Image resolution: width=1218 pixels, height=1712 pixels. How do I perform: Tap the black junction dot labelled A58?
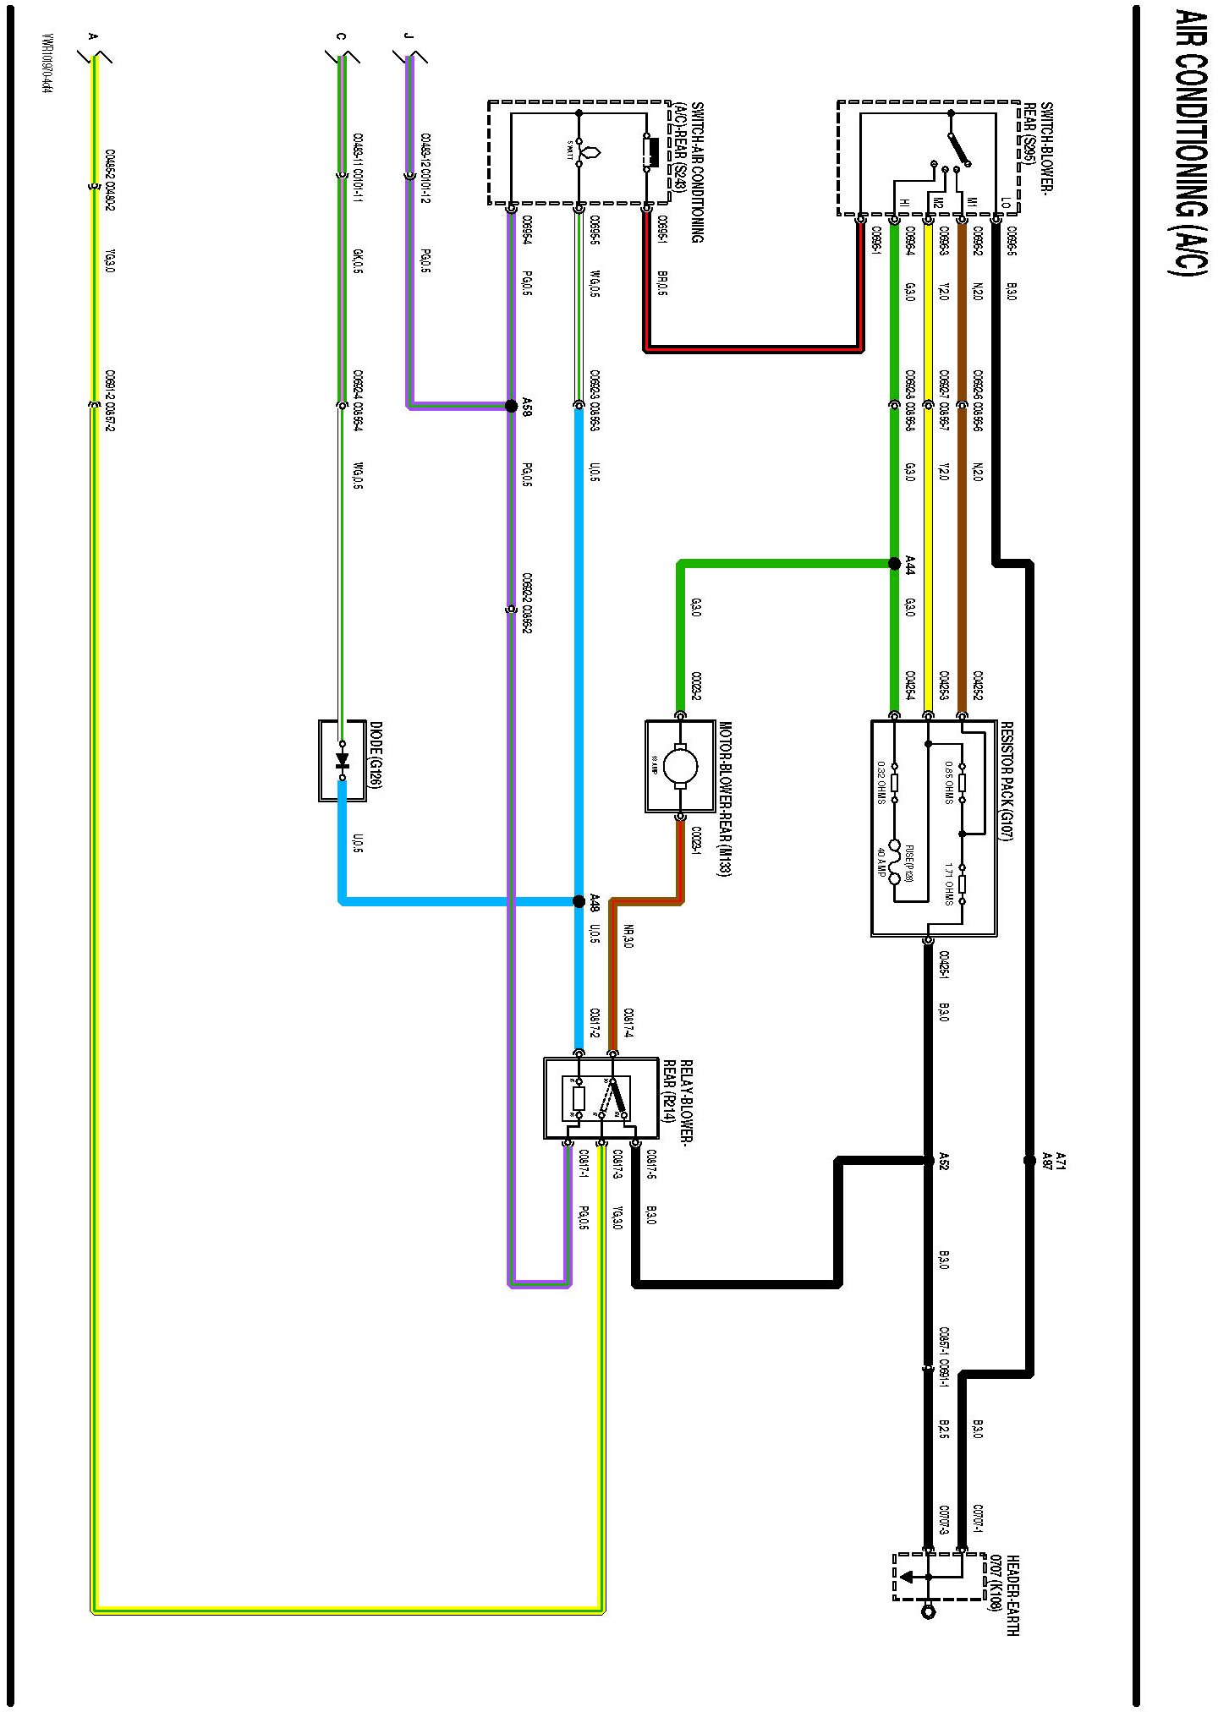tap(511, 406)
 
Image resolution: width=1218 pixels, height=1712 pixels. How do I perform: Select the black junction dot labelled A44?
tap(894, 563)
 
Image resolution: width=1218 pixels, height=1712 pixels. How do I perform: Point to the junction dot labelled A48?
tap(579, 901)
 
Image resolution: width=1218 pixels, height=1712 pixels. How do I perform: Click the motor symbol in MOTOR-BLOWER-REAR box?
tap(680, 766)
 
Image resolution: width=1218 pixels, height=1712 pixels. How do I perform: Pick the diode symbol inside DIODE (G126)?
tap(342, 760)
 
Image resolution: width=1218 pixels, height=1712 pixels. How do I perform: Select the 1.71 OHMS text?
tap(949, 883)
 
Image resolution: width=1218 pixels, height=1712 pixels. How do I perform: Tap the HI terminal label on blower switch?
tap(903, 203)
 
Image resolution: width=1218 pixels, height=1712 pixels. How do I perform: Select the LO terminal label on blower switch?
tap(1005, 203)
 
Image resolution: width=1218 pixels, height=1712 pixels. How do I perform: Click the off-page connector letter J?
tap(408, 36)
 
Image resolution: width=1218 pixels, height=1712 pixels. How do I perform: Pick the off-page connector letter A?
tap(93, 36)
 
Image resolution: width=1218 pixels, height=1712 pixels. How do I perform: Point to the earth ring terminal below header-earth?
tap(928, 1611)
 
